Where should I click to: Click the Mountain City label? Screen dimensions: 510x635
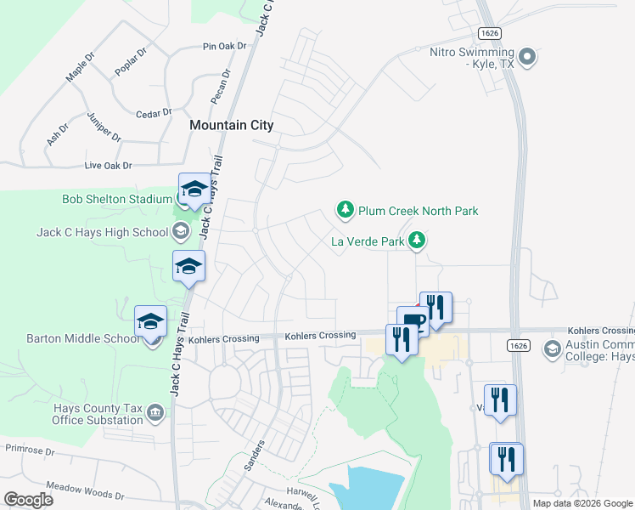(x=232, y=125)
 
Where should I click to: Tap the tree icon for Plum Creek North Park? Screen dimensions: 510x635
(x=345, y=209)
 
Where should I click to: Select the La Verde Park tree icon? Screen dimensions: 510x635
(x=416, y=241)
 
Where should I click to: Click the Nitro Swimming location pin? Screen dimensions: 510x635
(x=527, y=57)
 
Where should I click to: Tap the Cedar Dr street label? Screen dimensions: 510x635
(x=155, y=112)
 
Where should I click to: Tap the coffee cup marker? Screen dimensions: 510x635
(x=413, y=321)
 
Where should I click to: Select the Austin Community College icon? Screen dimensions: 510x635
(x=552, y=348)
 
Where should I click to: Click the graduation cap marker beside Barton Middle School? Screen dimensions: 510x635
(x=150, y=322)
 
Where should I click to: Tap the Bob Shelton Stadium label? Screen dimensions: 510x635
(x=117, y=200)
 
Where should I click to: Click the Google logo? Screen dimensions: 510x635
(x=28, y=500)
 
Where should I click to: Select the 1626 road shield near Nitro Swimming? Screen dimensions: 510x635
(x=489, y=33)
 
